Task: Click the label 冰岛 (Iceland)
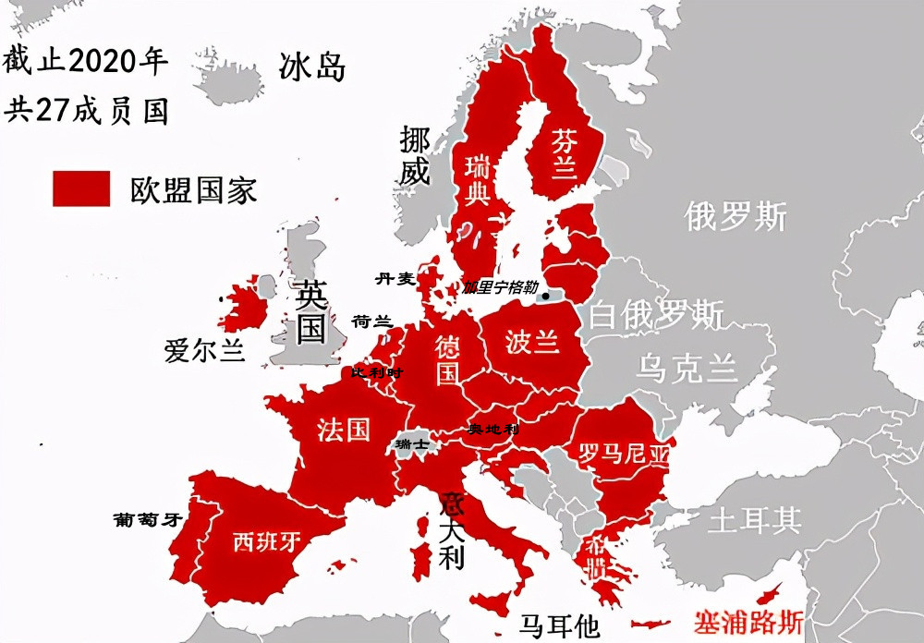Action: click(x=312, y=67)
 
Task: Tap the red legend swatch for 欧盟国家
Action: click(x=81, y=188)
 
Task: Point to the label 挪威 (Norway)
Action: click(x=415, y=155)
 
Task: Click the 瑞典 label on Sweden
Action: click(x=477, y=181)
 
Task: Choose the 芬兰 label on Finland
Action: click(x=564, y=153)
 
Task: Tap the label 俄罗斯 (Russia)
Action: click(x=736, y=216)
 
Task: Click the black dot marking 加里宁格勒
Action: click(x=547, y=297)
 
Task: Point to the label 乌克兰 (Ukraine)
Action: click(x=687, y=369)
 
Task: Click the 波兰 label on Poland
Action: click(x=533, y=342)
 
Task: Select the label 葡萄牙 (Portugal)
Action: click(x=144, y=519)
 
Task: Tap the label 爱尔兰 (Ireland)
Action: click(x=204, y=352)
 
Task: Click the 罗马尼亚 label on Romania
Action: click(x=622, y=454)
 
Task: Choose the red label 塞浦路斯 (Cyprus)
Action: click(x=751, y=622)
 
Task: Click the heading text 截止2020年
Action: click(x=85, y=62)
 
